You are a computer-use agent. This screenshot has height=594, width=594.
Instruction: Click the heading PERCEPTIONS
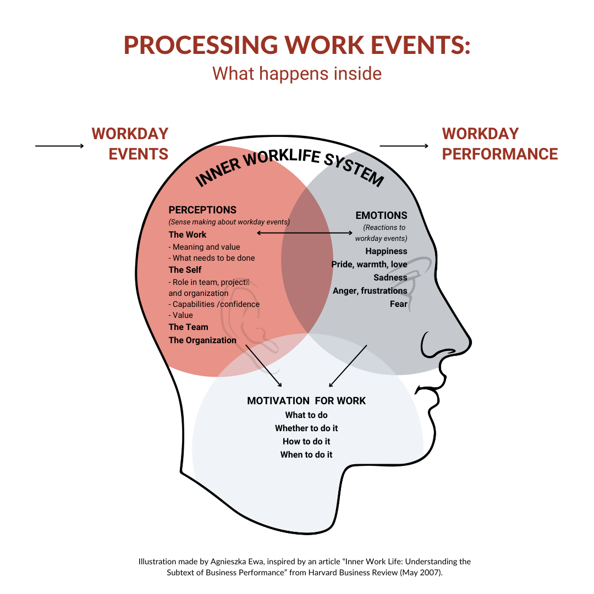click(x=202, y=210)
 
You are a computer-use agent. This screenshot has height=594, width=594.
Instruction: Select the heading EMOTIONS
click(x=381, y=216)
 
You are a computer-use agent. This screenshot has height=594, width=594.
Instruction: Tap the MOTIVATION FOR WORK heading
click(x=306, y=401)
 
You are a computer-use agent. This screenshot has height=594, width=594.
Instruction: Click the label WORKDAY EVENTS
click(x=130, y=144)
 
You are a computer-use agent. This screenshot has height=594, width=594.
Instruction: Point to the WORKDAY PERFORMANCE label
click(x=499, y=144)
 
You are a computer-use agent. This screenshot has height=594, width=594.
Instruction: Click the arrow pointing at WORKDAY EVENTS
click(x=59, y=146)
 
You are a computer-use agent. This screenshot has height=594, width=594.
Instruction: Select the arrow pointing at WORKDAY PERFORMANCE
click(x=404, y=146)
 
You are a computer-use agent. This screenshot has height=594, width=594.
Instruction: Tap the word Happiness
click(x=386, y=251)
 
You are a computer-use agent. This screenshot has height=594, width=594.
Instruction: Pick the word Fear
click(x=399, y=304)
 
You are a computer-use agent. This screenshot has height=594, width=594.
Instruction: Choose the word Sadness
click(x=391, y=278)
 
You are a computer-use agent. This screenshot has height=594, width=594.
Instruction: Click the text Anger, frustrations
click(x=370, y=291)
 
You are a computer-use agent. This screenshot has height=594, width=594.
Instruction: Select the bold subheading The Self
click(x=185, y=270)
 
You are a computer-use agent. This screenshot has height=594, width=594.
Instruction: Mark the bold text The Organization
click(x=202, y=340)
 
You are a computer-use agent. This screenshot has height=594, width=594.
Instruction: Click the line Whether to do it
click(x=306, y=428)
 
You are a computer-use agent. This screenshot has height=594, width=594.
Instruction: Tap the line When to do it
click(x=306, y=455)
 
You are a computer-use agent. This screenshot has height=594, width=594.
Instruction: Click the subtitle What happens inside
click(x=297, y=74)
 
